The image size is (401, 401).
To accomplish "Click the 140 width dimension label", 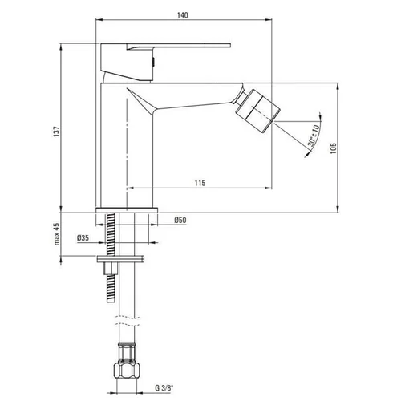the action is tap(183, 15).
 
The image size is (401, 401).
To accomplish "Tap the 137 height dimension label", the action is tap(57, 132).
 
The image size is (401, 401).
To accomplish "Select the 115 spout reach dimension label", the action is tap(200, 183).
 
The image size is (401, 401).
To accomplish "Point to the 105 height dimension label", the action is tap(333, 148).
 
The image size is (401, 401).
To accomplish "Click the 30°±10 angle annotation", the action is tap(314, 136).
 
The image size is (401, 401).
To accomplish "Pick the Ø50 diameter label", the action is tap(180, 221).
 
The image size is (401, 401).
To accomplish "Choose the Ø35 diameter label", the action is tap(83, 237).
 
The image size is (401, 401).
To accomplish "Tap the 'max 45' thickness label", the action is tap(57, 234).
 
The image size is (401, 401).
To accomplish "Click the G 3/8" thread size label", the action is tap(164, 388).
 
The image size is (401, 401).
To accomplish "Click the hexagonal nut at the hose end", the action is tap(127, 370).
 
